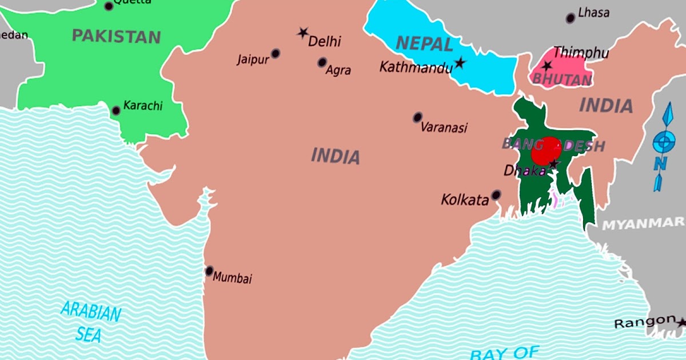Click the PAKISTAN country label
coord(116,37)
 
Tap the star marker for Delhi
coord(302,33)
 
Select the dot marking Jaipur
coord(276,53)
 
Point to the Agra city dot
coord(322,62)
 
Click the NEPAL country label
coord(424,43)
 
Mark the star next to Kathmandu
coord(460,63)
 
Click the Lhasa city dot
coord(570,18)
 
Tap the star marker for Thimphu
coord(547,66)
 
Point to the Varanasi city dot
coord(418,117)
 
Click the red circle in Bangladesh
coord(546,151)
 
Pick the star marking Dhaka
coord(553,165)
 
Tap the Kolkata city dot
coord(496,195)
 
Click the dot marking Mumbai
coord(209,271)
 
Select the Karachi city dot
coord(116,110)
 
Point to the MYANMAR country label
coord(644,223)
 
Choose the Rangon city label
coord(644,323)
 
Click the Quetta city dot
coord(109,6)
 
